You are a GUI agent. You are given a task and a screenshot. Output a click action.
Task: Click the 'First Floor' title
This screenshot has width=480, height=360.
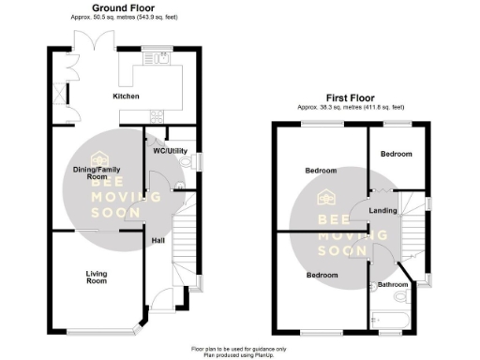[x=352, y=97]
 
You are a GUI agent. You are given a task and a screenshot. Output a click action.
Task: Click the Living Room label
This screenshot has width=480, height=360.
[x=97, y=277]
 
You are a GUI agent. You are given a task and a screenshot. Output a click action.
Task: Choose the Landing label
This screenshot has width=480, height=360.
[x=382, y=210]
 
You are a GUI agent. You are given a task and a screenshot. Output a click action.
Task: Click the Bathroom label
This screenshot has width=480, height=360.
[x=392, y=284]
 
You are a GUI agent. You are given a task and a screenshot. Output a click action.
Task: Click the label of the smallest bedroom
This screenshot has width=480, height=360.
[x=395, y=153]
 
